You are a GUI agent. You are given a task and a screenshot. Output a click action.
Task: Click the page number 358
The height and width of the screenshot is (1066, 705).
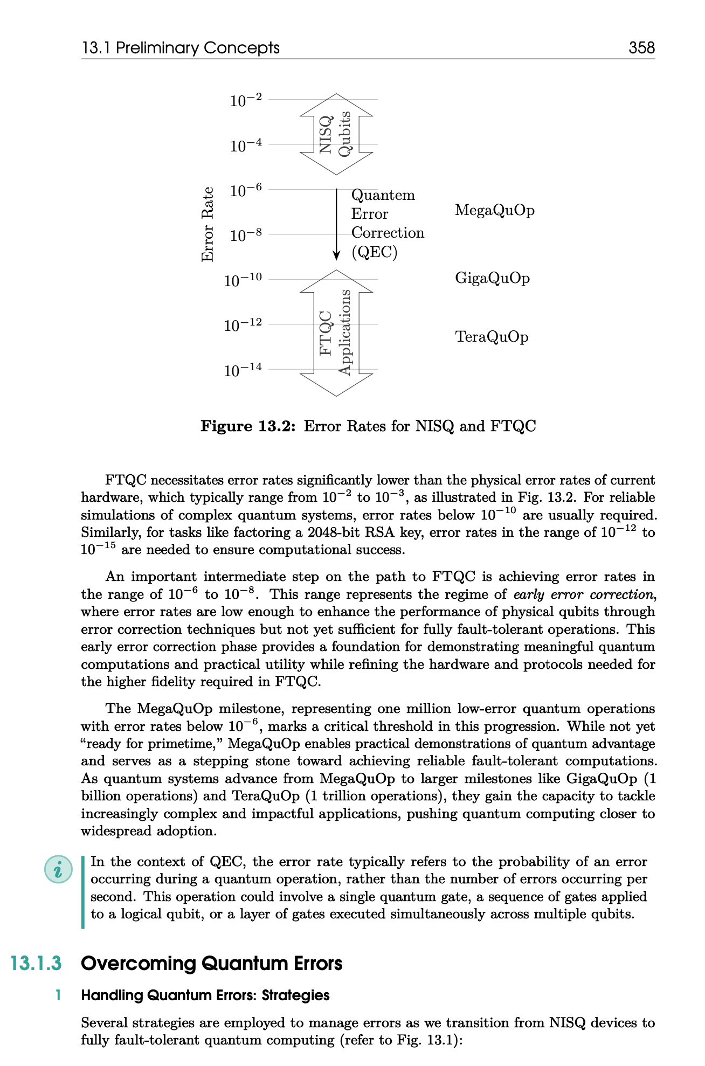tap(641, 48)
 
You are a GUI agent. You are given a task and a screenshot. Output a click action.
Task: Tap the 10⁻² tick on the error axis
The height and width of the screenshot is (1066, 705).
tap(246, 100)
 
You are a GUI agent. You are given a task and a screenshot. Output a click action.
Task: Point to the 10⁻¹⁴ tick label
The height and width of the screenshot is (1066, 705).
tap(243, 370)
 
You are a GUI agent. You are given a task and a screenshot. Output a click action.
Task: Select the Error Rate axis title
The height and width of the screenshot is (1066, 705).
tap(208, 224)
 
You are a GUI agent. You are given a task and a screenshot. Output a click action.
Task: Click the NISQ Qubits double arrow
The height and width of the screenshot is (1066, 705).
tap(336, 134)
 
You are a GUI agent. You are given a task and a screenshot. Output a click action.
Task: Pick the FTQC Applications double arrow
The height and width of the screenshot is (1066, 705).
tap(336, 333)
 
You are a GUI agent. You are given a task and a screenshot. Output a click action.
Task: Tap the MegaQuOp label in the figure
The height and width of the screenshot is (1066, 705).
tap(495, 210)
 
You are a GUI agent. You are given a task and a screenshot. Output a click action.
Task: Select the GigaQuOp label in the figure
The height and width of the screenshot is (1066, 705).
tap(492, 278)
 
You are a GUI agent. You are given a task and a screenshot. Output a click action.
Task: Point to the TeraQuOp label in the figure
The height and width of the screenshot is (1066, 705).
tap(492, 337)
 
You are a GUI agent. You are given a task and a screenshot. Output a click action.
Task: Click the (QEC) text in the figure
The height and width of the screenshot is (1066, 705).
tap(375, 252)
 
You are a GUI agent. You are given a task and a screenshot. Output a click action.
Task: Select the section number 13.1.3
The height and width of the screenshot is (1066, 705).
tap(36, 963)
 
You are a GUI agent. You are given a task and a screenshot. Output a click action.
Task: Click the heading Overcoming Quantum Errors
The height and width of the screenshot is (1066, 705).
tap(211, 963)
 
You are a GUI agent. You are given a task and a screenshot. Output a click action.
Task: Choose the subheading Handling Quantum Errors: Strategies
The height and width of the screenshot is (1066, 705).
tap(205, 995)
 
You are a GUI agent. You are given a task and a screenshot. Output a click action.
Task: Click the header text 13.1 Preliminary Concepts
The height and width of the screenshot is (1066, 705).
tap(181, 48)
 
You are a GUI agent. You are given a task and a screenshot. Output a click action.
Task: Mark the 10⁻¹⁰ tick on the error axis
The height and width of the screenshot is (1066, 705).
tap(243, 280)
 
